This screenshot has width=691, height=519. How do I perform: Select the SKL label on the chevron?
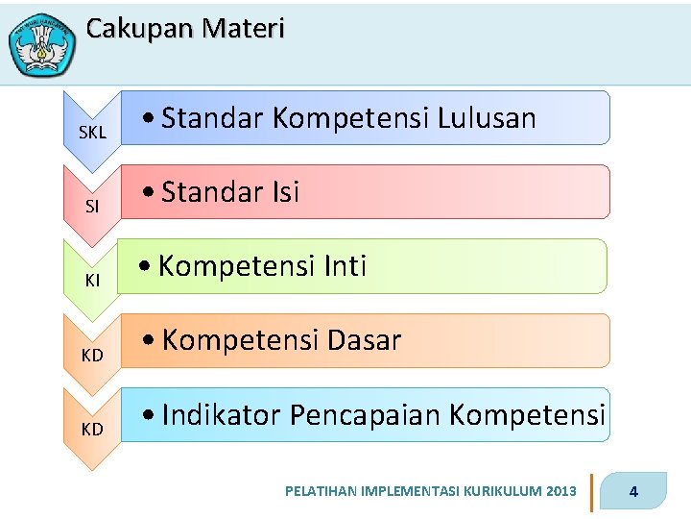point(92,133)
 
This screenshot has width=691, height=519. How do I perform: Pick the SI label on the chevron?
point(92,207)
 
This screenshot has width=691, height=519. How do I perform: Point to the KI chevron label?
point(92,280)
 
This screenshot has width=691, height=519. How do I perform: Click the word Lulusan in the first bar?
point(487,117)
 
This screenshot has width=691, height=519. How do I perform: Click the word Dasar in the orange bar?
point(365,339)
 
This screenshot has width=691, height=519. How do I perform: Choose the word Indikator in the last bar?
point(222,414)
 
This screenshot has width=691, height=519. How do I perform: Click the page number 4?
point(633,493)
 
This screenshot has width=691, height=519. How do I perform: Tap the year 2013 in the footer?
point(560,492)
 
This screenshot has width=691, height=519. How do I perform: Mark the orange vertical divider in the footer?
point(591,492)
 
